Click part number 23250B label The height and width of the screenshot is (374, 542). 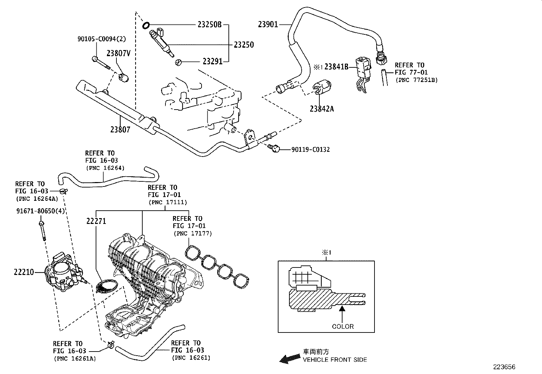[x=209, y=25]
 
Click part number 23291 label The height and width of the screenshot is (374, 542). [x=212, y=62]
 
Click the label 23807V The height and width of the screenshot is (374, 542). [x=118, y=53]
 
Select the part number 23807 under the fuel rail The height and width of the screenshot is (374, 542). [x=120, y=130]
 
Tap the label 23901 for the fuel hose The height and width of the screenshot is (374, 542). [x=268, y=24]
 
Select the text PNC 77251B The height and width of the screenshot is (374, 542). [x=416, y=80]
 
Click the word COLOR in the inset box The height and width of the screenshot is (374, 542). [x=343, y=326]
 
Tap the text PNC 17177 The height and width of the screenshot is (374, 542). [x=192, y=233]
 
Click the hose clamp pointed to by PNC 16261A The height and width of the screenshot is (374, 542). [x=110, y=345]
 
